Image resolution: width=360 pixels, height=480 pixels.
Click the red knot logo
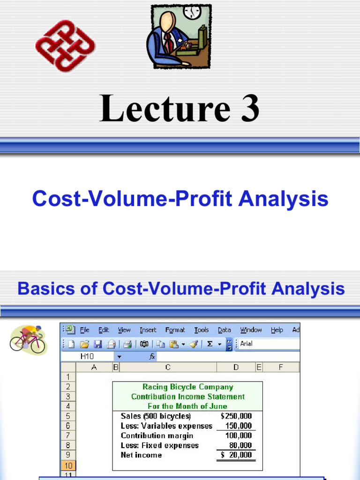(x=65, y=46)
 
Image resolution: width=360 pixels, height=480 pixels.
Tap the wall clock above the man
(x=191, y=11)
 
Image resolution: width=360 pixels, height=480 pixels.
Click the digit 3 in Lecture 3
(x=247, y=108)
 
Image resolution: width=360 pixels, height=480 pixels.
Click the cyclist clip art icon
(x=28, y=338)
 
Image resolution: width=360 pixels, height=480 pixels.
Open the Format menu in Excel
(x=175, y=330)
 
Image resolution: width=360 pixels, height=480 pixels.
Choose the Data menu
(x=224, y=330)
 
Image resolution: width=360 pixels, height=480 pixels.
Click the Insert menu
(x=148, y=330)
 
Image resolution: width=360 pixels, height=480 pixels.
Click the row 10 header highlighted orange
(x=68, y=465)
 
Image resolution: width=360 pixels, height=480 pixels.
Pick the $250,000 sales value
(x=236, y=416)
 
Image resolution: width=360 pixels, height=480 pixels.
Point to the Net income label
(x=141, y=455)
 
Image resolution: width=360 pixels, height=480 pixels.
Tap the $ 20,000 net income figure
(x=236, y=455)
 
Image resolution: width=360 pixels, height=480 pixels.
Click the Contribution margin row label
(x=157, y=436)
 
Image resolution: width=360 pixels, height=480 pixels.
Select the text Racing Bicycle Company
(x=187, y=387)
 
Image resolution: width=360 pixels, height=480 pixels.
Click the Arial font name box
(x=267, y=344)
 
